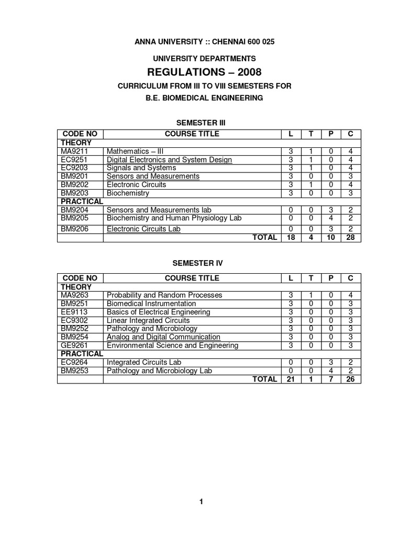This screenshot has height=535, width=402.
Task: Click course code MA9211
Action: (72, 152)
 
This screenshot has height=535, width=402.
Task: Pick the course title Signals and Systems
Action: (141, 168)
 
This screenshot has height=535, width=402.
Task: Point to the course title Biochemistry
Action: (128, 193)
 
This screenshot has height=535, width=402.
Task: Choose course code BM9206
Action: (72, 229)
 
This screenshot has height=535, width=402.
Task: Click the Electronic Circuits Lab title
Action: (143, 229)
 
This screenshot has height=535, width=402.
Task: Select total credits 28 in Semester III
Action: (350, 238)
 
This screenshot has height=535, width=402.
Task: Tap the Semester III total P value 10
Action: (331, 238)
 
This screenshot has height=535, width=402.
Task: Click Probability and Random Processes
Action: (164, 295)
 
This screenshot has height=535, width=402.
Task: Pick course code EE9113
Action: (72, 312)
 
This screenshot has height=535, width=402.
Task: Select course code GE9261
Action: (72, 345)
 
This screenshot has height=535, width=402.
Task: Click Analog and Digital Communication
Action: (163, 337)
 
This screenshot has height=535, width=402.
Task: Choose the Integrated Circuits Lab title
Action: (144, 362)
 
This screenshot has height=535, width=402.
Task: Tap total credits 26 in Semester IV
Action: (350, 379)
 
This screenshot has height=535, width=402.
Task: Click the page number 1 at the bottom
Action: (201, 503)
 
